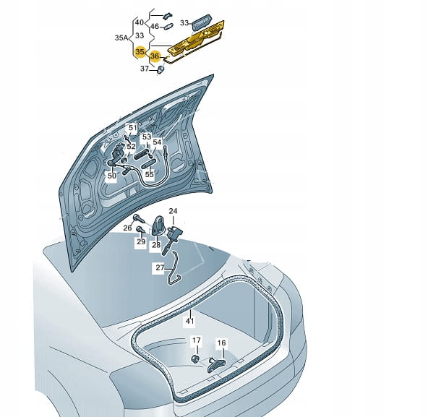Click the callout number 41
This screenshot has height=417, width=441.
tap(190, 321)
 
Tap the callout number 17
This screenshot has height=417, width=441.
tap(197, 340)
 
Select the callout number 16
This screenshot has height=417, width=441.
tap(221, 343)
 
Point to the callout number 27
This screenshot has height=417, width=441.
tap(160, 267)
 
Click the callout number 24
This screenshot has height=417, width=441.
tap(173, 211)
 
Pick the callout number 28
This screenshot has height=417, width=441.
tap(156, 245)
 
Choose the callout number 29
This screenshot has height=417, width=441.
tap(141, 241)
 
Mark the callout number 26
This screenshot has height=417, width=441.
tap(127, 228)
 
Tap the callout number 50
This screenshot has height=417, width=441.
tap(112, 176)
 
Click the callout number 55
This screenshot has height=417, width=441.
tap(150, 174)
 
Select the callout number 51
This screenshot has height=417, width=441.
tap(133, 128)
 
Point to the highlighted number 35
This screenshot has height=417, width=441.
tap(140, 52)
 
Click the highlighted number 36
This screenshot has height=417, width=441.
tap(155, 56)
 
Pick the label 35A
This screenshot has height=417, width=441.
tap(121, 38)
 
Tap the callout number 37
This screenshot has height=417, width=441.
tap(145, 69)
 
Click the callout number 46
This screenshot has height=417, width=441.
tap(155, 27)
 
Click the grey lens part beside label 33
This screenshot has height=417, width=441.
tap(202, 22)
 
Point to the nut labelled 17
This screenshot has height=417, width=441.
tap(194, 358)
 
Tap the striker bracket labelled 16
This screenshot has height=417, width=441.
tap(216, 365)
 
